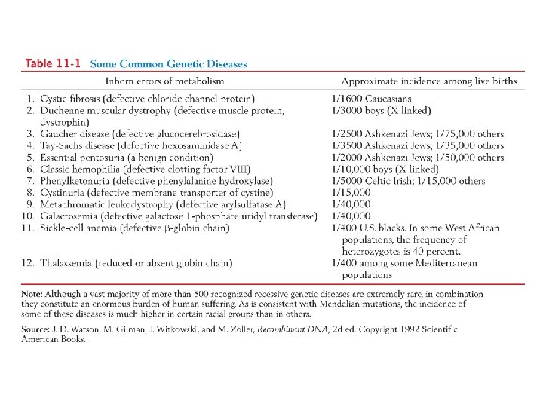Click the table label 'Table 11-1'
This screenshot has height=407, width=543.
(53, 64)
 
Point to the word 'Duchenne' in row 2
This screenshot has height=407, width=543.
(66, 111)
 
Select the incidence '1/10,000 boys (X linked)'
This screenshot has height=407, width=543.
(385, 169)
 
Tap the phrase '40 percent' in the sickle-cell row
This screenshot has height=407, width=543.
(435, 250)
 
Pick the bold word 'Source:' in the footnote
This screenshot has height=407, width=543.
(37, 329)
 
